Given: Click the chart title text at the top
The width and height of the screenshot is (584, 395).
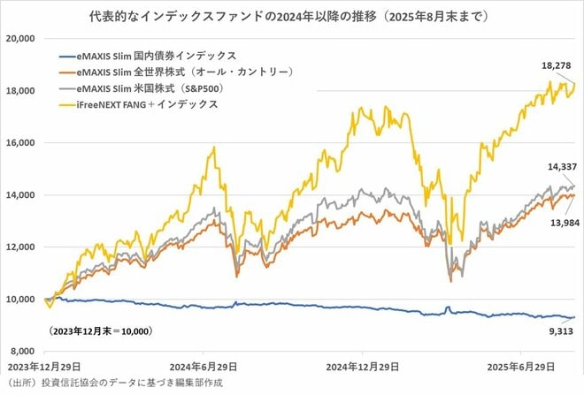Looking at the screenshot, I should pyautogui.click(x=292, y=16).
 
